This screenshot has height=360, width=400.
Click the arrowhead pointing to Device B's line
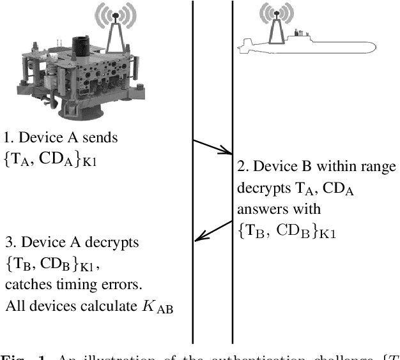pos(226,152)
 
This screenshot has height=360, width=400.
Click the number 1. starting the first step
pos(8,137)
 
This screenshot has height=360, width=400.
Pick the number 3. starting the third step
pos(8,243)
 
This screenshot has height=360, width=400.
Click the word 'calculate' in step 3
pos(95,306)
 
